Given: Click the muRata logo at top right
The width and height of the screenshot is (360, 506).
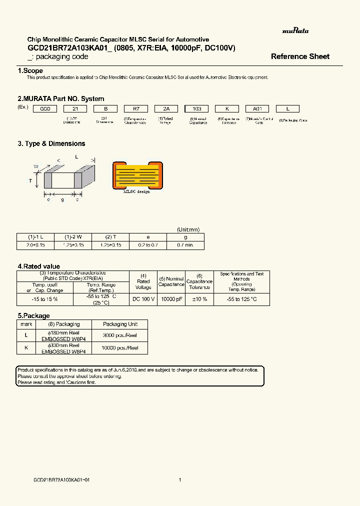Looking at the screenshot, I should pyautogui.click(x=295, y=31).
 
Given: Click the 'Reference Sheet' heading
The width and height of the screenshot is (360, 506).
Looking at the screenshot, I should pyautogui.click(x=300, y=56).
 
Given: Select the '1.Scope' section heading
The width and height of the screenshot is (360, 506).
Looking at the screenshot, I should pyautogui.click(x=30, y=71).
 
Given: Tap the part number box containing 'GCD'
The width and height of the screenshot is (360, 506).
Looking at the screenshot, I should pyautogui.click(x=45, y=108).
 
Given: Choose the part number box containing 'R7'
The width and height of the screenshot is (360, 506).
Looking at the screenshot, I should pyautogui.click(x=135, y=108).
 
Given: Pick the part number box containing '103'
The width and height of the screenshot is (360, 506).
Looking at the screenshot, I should pyautogui.click(x=196, y=108).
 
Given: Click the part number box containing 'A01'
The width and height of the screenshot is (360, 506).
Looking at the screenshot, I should pyautogui.click(x=257, y=108).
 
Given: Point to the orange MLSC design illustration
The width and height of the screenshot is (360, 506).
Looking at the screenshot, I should pyautogui.click(x=137, y=174).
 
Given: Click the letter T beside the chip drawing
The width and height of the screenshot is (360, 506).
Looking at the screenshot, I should pyautogui.click(x=30, y=180).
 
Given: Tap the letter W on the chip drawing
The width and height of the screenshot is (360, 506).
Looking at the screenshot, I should pyautogui.click(x=36, y=166).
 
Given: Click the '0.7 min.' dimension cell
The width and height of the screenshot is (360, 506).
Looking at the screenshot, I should pyautogui.click(x=185, y=245).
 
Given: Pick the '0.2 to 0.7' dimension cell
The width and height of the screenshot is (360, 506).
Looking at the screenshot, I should pyautogui.click(x=148, y=245).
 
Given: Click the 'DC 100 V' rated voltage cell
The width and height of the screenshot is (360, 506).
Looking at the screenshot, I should pyautogui.click(x=143, y=299).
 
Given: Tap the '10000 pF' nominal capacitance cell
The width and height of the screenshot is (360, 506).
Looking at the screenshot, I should pyautogui.click(x=171, y=299).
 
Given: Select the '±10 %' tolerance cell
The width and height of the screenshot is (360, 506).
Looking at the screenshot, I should pyautogui.click(x=199, y=299).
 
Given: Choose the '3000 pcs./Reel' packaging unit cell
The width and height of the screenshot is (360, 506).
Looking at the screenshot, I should pyautogui.click(x=119, y=335).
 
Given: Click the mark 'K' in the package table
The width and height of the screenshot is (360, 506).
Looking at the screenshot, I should pyautogui.click(x=26, y=347).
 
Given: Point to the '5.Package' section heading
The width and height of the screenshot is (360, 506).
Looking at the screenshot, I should pyautogui.click(x=33, y=316).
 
